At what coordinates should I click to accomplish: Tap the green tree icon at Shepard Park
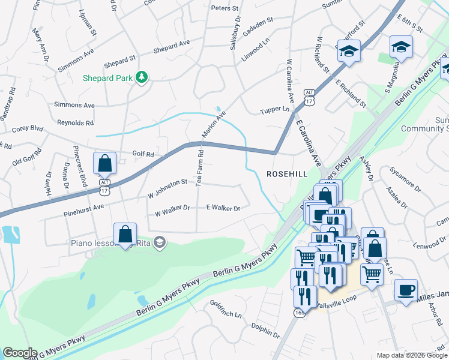click(142, 77)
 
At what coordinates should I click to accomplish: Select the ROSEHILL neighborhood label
click(287, 173)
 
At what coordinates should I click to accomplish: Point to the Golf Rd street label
click(142, 155)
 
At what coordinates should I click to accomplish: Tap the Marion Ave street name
click(214, 124)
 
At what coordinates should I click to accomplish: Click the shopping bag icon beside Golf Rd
click(105, 163)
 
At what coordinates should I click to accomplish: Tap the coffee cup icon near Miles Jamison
click(406, 290)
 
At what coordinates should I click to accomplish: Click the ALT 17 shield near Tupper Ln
click(309, 96)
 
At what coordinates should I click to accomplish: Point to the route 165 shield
click(300, 313)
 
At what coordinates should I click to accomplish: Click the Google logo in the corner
click(20, 353)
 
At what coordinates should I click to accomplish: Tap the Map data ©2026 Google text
click(411, 355)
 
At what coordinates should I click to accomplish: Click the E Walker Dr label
click(223, 208)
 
